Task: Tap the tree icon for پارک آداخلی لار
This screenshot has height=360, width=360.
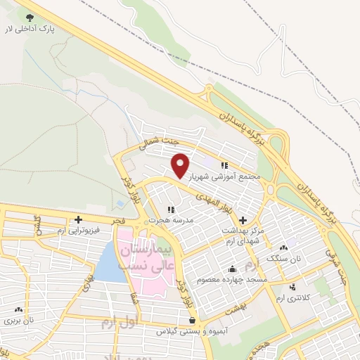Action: (29, 18)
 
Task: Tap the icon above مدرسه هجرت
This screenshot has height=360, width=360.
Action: (169, 209)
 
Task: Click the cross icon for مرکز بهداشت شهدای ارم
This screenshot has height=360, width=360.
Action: (243, 220)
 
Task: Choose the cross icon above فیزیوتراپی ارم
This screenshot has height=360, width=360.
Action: (79, 220)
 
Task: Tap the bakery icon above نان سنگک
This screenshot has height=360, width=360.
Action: (284, 247)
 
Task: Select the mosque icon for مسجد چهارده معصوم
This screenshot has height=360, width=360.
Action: (232, 269)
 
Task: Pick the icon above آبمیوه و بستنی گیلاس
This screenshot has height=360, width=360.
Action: (192, 320)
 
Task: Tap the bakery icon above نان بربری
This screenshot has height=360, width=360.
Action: (18, 309)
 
